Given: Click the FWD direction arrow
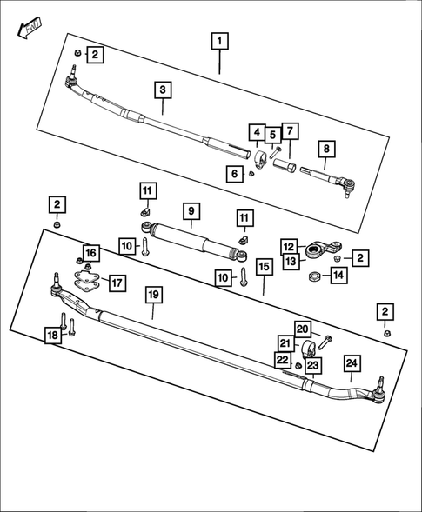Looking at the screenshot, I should click(25, 29).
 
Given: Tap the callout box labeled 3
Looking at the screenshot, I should click(162, 90).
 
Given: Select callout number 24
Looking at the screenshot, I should click(351, 364).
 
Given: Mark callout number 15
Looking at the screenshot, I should click(264, 263).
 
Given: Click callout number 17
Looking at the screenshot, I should click(116, 283).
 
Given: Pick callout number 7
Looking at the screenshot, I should click(290, 131).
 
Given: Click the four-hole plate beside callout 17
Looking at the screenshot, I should click(87, 283).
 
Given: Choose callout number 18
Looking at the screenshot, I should click(54, 334).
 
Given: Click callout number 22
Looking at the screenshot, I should click(282, 360).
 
